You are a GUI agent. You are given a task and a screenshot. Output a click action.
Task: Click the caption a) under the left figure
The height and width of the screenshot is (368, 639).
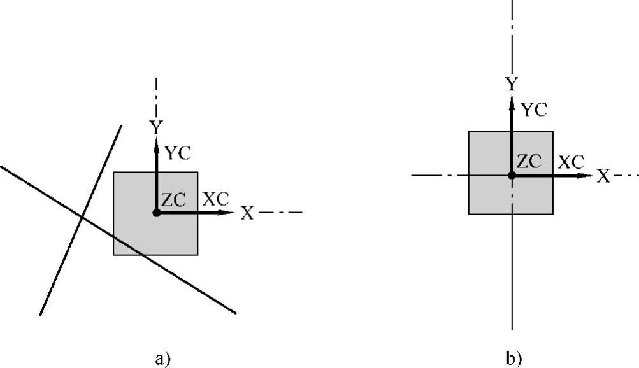(x=163, y=358)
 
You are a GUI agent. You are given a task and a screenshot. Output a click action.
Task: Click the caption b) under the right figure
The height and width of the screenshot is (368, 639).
(x=513, y=358)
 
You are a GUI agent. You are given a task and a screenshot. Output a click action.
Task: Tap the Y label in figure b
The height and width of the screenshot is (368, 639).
(x=511, y=84)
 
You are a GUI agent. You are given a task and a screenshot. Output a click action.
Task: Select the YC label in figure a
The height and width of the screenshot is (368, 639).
(x=177, y=153)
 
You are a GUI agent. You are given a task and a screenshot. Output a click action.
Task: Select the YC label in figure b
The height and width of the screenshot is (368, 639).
(x=534, y=110)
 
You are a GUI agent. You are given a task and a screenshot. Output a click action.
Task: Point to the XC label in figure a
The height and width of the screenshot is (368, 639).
(x=215, y=199)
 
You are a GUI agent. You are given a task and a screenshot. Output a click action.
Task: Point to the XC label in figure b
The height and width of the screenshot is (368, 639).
(x=571, y=162)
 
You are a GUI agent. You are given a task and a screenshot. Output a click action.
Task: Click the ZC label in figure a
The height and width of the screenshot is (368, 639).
(x=173, y=200)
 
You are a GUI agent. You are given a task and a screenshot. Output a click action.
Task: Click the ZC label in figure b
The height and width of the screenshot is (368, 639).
(x=529, y=162)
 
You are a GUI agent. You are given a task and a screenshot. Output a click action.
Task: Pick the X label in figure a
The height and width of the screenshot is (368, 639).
(x=247, y=213)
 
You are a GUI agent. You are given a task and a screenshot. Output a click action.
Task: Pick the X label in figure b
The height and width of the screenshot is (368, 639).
(x=603, y=176)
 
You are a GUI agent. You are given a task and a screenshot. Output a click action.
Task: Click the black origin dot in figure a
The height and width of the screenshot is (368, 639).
(x=157, y=213)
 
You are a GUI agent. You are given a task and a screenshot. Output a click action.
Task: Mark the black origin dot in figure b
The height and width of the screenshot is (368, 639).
(x=512, y=175)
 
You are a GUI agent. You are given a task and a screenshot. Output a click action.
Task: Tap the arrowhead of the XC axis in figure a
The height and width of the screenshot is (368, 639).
(x=231, y=213)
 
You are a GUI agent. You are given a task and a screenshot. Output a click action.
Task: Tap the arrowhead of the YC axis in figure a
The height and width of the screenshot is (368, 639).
(x=157, y=141)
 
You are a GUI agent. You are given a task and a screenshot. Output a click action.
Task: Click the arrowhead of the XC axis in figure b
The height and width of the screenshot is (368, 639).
(x=587, y=175)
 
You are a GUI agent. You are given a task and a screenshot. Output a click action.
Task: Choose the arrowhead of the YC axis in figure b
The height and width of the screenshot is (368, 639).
(x=512, y=97)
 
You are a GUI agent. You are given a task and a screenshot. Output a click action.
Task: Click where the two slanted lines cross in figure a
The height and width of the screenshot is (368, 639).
(x=82, y=218)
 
